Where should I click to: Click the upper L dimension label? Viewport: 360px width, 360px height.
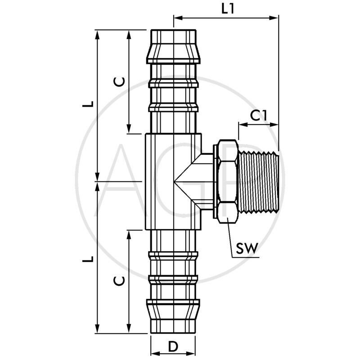(x=90, y=103)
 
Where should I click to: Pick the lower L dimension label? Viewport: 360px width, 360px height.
(x=90, y=259)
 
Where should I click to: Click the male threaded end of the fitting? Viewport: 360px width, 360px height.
(x=260, y=182)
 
